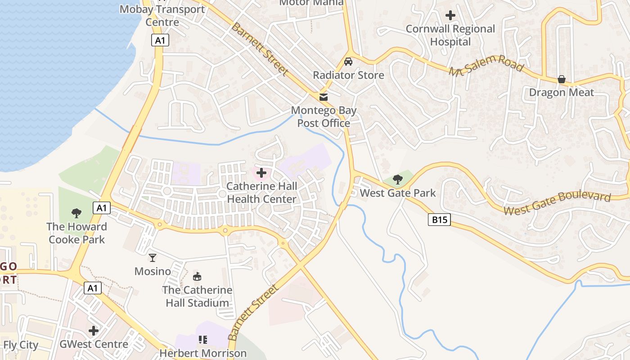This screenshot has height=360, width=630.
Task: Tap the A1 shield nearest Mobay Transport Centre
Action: click(x=160, y=40)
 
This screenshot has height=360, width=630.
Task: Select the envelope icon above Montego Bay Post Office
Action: click(x=323, y=97)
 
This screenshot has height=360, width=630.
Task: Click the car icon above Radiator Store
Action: click(x=348, y=62)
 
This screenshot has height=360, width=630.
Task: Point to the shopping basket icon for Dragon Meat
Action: click(x=561, y=79)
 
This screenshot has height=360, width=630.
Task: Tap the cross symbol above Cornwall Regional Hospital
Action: click(x=450, y=15)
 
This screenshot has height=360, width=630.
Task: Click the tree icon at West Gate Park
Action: click(x=397, y=180)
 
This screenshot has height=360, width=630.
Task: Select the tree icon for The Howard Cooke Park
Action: click(x=76, y=213)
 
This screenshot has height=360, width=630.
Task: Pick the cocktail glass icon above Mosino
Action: click(x=153, y=257)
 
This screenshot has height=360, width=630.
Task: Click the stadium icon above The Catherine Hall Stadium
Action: click(x=197, y=276)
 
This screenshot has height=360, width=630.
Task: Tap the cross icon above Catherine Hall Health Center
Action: click(x=261, y=172)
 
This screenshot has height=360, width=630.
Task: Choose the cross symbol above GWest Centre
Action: click(x=94, y=331)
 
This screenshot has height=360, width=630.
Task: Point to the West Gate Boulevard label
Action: click(x=557, y=203)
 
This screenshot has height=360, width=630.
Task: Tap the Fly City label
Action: click(x=21, y=345)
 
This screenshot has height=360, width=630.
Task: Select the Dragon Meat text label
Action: click(x=561, y=92)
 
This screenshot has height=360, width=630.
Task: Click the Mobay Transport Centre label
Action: click(x=162, y=15)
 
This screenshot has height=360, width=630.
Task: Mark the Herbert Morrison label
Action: click(x=203, y=353)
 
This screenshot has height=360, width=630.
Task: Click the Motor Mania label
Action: click(x=311, y=3)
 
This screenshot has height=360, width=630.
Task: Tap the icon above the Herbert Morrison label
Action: click(x=203, y=339)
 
